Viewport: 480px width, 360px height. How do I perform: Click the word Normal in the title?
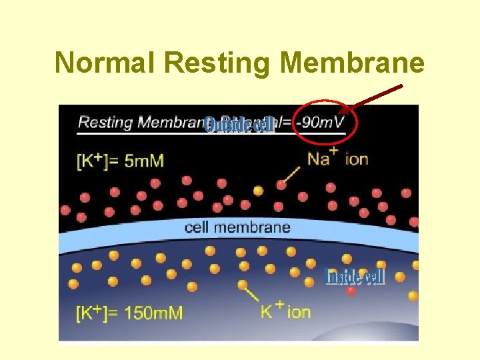tap(105, 63)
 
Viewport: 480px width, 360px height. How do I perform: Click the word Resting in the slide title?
tap(217, 63)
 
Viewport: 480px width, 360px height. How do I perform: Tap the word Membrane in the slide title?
tap(352, 63)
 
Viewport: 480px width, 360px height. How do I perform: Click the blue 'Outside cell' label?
tap(239, 125)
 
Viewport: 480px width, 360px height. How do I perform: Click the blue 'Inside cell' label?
tap(354, 276)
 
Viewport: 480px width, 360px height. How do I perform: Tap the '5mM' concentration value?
tap(144, 160)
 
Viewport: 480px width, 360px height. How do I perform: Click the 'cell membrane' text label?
tap(237, 227)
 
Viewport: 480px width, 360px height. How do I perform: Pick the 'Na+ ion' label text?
tap(337, 159)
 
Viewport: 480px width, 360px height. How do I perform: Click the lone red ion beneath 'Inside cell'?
tap(351, 291)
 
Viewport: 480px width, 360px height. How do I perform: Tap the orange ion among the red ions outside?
tap(258, 191)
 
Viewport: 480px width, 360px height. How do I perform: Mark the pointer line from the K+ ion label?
tap(250, 293)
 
